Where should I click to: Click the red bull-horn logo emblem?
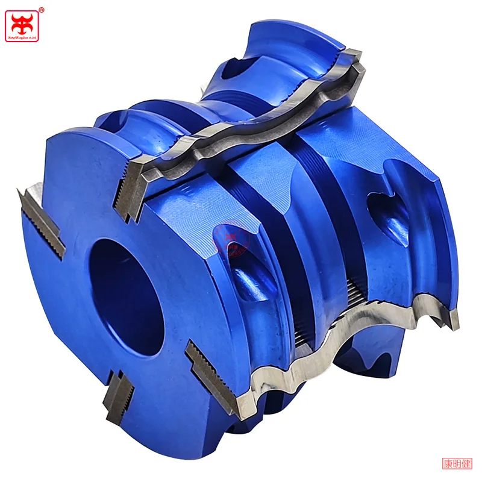click(x=22, y=20)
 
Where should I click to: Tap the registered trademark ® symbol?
click(x=41, y=9)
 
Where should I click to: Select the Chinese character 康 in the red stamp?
click(x=449, y=463)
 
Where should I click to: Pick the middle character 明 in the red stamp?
click(x=458, y=463)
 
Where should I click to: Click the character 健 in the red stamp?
click(x=466, y=463)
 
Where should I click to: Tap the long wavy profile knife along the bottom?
click(x=337, y=337)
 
